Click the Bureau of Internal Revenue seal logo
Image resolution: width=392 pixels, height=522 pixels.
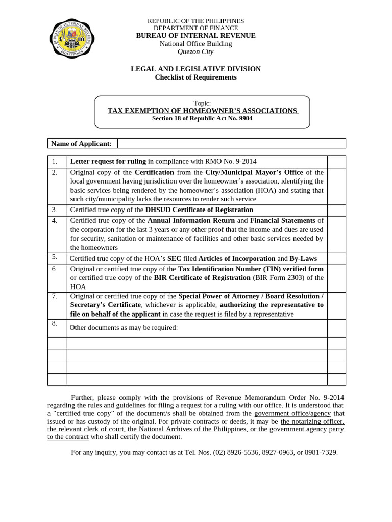[72, 39]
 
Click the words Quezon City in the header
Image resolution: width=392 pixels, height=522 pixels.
[195, 51]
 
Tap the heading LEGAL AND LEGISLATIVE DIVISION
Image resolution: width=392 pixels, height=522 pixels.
[195, 69]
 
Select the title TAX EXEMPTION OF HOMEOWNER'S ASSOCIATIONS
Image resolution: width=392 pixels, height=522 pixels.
[202, 111]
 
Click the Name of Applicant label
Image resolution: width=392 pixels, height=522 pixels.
[82, 144]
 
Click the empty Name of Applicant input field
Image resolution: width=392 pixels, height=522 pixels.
[231, 144]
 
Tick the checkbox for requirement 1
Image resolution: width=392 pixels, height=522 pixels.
[336, 162]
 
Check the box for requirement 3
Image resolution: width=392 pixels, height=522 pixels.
[336, 210]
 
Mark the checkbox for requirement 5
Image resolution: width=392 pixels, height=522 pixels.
[336, 259]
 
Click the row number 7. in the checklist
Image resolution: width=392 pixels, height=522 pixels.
[55, 296]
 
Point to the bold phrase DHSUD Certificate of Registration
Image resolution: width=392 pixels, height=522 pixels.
[199, 210]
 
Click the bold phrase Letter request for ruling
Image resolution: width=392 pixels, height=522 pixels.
[108, 162]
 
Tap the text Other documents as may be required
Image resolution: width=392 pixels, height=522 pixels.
[124, 327]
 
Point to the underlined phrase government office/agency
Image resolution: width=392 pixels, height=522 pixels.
[292, 413]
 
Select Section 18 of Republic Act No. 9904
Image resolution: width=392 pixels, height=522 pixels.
[202, 118]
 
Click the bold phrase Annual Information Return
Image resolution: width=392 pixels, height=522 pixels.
[191, 221]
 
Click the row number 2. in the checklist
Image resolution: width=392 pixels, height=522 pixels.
[55, 172]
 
